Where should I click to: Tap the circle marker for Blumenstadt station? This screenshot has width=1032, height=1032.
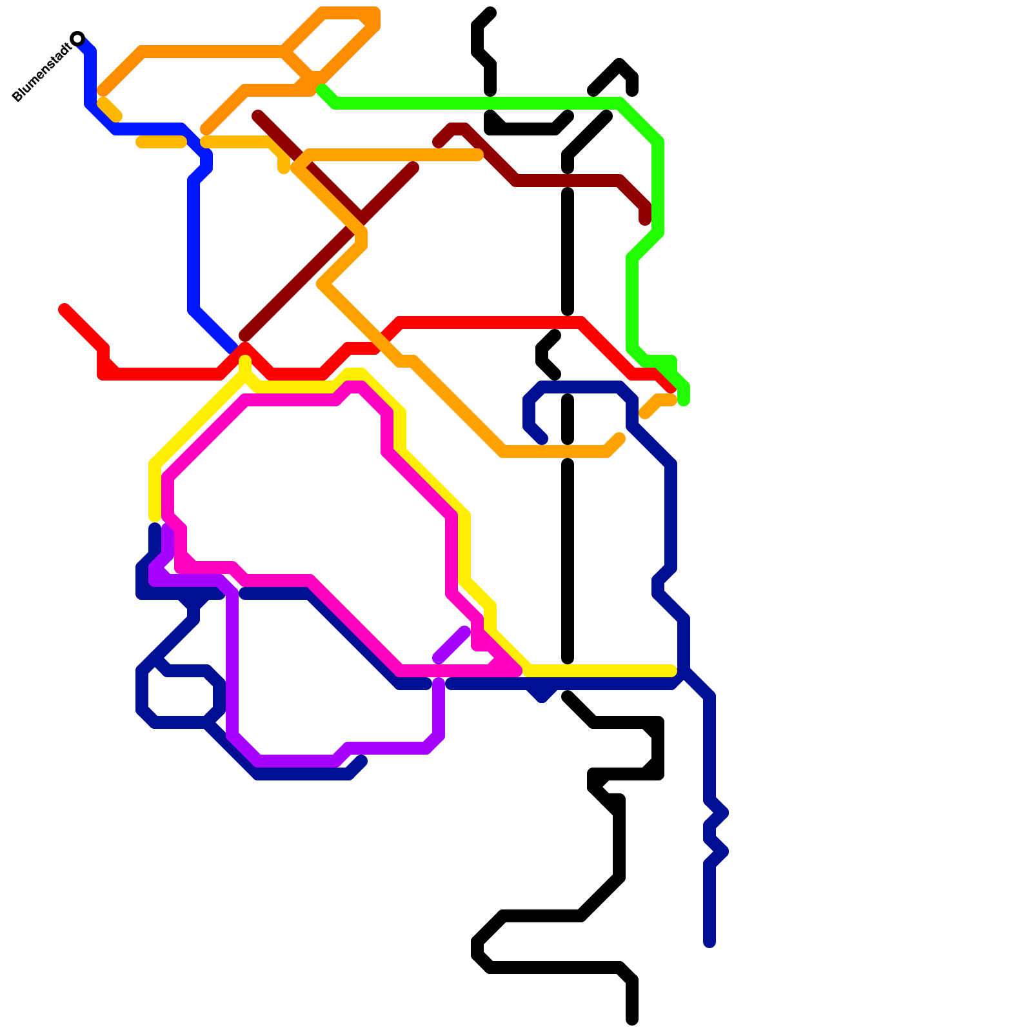pyautogui.click(x=77, y=38)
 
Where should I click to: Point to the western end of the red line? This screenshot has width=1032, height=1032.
pyautogui.click(x=64, y=309)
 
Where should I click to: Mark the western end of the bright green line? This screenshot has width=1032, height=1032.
pyautogui.click(x=322, y=90)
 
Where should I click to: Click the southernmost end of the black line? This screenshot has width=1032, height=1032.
pyautogui.click(x=632, y=1020)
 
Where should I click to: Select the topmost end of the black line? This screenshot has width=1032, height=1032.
pyautogui.click(x=491, y=12)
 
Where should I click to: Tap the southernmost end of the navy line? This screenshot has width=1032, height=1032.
pyautogui.click(x=709, y=943)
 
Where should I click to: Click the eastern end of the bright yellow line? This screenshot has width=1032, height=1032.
pyautogui.click(x=671, y=671)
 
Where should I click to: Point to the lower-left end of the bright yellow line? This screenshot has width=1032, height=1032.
pyautogui.click(x=155, y=517)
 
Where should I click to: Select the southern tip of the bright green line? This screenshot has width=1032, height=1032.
pyautogui.click(x=684, y=401)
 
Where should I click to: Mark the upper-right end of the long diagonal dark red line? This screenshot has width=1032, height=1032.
pyautogui.click(x=413, y=168)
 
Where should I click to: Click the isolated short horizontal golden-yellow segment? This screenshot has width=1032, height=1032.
pyautogui.click(x=161, y=142)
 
